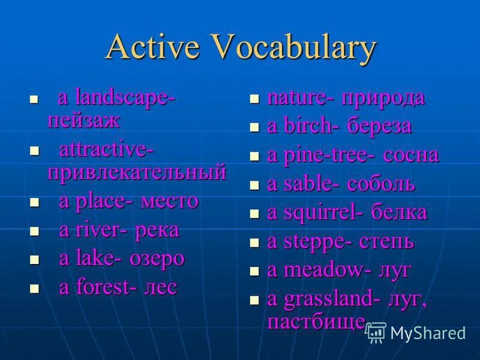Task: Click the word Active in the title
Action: pyautogui.click(x=150, y=49)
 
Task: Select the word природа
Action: pyautogui.click(x=383, y=98)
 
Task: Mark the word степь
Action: pyautogui.click(x=387, y=242)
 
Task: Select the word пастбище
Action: pyautogui.click(x=316, y=321)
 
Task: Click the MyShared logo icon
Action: pyautogui.click(x=376, y=332)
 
